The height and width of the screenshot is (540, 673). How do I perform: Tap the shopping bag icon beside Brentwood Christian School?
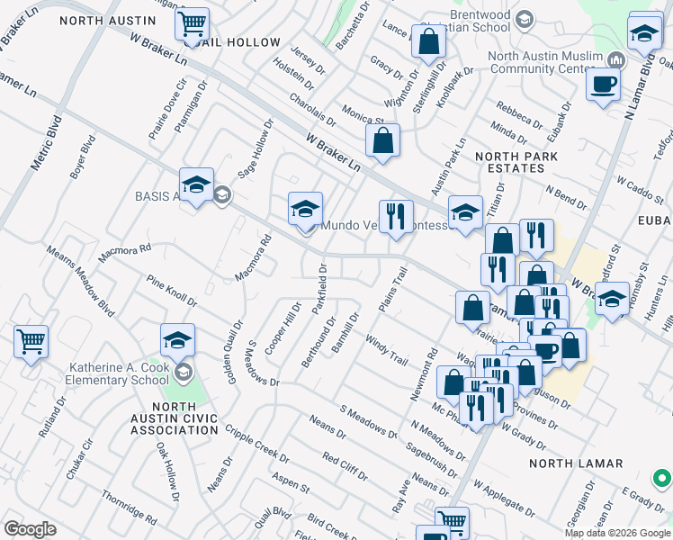point(429,40)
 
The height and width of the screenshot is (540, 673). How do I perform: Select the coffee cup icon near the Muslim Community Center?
point(602,85)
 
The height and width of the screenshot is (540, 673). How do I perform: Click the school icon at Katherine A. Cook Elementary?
point(178,340)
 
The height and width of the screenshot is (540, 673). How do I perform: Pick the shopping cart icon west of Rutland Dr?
point(31,342)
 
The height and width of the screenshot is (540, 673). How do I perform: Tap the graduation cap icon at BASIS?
point(196,184)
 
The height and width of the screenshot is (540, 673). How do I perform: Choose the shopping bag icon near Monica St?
point(382,140)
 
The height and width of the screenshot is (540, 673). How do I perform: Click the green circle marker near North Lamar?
point(661,478)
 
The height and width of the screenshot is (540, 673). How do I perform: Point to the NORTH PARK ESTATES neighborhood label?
point(516,164)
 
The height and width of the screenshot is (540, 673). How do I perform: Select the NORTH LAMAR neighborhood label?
point(576,463)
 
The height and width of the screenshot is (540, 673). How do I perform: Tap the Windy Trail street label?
point(388,350)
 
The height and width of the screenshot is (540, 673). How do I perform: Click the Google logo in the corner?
point(31,529)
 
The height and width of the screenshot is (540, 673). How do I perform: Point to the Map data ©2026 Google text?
point(615,533)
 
